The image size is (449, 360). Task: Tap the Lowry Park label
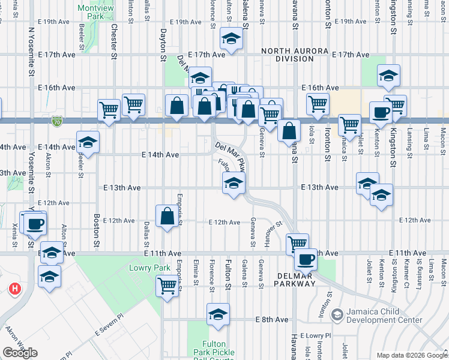coord(142,268)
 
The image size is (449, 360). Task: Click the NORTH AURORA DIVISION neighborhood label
coord(287,55)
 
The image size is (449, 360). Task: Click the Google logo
coord(20,353)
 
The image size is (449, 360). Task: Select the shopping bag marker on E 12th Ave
coord(167,216)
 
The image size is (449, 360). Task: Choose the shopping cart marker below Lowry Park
coord(167,286)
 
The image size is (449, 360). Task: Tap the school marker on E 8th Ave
coord(218,314)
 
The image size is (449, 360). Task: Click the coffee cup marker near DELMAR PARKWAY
coord(305,259)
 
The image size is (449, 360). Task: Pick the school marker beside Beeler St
coord(88,142)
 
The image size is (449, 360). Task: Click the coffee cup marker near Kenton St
coord(381,112)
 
